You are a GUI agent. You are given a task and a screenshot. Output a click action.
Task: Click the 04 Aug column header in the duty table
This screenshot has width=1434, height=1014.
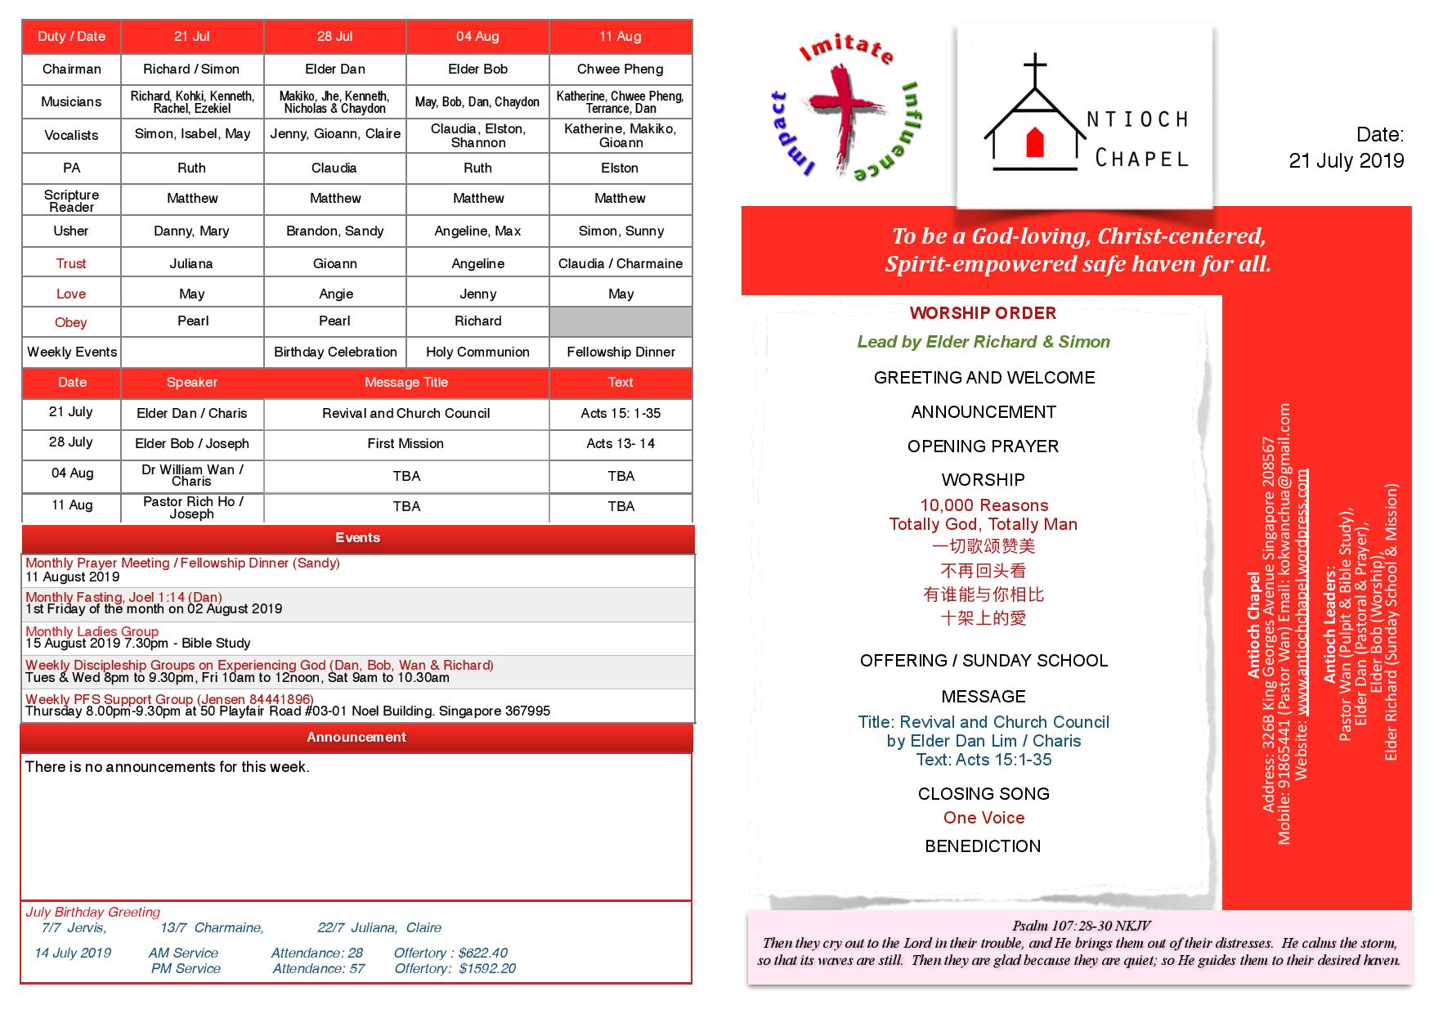click(x=477, y=37)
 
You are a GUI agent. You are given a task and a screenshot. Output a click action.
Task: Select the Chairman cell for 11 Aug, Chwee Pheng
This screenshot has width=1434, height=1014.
click(x=620, y=70)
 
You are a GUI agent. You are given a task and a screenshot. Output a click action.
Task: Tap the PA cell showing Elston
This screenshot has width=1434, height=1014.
click(x=620, y=168)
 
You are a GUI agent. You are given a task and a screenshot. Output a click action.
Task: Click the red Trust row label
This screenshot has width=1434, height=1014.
click(x=71, y=263)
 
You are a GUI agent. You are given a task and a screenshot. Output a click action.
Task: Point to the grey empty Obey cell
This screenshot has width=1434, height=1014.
click(x=621, y=321)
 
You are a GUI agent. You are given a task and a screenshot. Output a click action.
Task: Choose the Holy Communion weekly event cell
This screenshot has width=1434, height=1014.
click(x=477, y=352)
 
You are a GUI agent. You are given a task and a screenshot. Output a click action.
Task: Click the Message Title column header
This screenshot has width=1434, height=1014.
click(x=406, y=383)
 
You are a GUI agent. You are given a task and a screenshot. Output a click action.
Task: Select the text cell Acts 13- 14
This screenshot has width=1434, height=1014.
click(x=621, y=444)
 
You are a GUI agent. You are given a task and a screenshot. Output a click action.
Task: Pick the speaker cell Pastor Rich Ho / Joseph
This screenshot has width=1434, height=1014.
click(x=192, y=508)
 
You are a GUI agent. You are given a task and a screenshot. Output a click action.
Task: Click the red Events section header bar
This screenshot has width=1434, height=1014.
click(x=357, y=538)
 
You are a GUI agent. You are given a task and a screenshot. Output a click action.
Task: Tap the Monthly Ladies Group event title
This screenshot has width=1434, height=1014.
click(x=92, y=631)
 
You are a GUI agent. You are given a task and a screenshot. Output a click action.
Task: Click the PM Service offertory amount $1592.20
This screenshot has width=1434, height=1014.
click(x=486, y=969)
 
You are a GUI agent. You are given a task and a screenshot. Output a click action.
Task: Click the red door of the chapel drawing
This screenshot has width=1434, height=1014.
click(x=1036, y=142)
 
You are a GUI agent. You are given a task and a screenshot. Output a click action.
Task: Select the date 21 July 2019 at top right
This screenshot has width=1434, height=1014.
click(x=1346, y=161)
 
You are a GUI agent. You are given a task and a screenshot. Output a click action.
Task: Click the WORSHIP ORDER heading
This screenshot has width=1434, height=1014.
click(x=983, y=313)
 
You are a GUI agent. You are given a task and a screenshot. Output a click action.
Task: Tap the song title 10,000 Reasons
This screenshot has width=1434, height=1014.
click(x=984, y=505)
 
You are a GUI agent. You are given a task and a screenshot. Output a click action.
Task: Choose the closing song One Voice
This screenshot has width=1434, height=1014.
click(x=984, y=818)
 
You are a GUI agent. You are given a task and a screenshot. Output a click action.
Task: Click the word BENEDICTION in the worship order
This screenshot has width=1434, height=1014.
click(x=983, y=846)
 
